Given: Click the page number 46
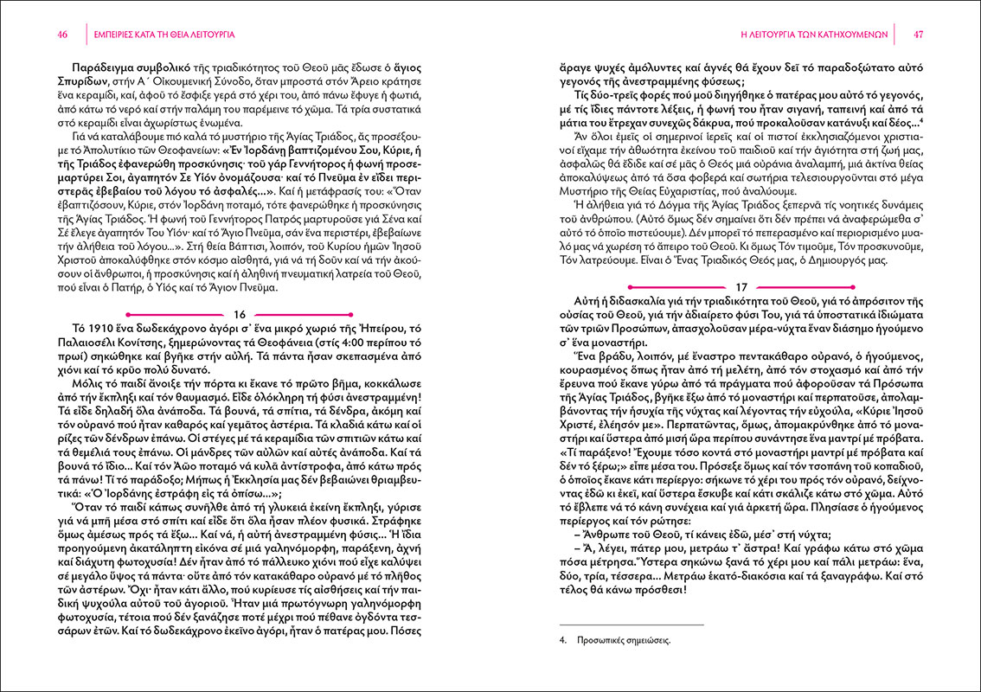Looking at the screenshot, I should point(61,35).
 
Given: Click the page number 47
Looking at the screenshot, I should point(919,35).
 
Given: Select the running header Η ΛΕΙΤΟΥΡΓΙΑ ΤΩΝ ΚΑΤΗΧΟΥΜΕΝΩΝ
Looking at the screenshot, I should point(816,35).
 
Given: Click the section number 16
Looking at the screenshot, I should point(240,314).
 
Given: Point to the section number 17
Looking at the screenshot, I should point(741,286).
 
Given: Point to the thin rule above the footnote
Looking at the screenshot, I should point(632,625).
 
